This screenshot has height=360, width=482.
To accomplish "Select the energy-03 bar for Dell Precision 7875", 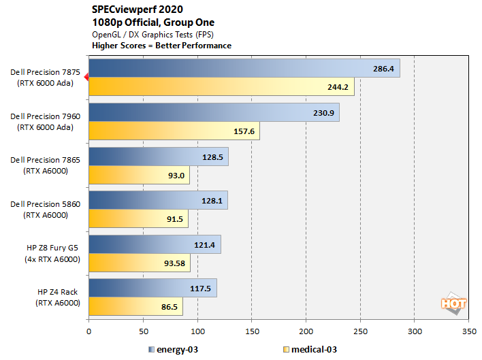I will tap(244, 69).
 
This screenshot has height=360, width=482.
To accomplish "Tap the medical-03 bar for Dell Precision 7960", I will tap(174, 131).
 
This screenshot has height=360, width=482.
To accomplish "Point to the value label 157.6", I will tap(245, 131).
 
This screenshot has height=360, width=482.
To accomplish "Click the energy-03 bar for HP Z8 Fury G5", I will tap(155, 244).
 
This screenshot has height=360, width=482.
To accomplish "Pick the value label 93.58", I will tap(174, 263).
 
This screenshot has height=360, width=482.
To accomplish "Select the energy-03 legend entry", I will tap(176, 349).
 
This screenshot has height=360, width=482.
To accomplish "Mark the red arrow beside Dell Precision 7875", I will tap(86, 78).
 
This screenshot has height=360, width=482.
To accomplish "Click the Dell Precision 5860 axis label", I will tap(46, 209).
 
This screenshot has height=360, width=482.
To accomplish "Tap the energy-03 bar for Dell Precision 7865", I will tap(158, 157).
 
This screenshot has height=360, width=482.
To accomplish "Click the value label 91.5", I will tap(173, 219).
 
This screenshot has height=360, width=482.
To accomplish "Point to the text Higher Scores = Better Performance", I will tap(161, 46).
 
